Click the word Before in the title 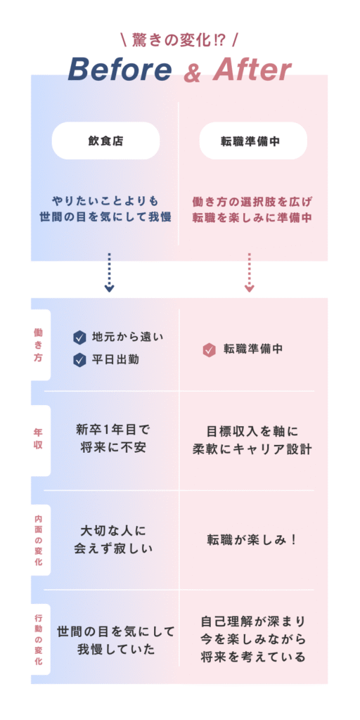[x=120, y=70]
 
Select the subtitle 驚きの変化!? [x=179, y=41]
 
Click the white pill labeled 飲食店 [x=106, y=141]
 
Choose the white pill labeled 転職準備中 [x=253, y=141]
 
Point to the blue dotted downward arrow [x=109, y=272]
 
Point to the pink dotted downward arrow [x=250, y=272]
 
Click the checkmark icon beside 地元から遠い [x=80, y=337]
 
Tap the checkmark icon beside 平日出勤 [x=80, y=359]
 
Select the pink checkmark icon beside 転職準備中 [x=210, y=350]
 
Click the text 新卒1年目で [x=113, y=430]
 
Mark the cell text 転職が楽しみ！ [x=253, y=540]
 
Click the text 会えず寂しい [x=113, y=549]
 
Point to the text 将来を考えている [x=253, y=657]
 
